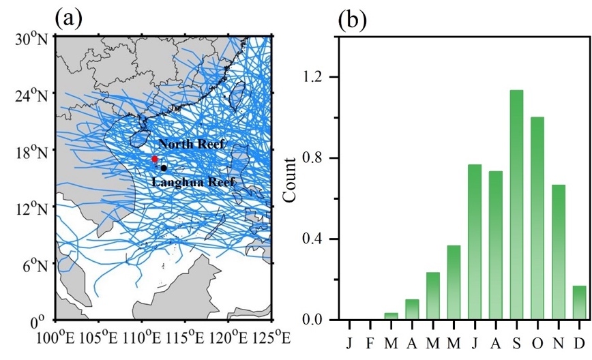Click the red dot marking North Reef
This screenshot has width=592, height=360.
point(155,159)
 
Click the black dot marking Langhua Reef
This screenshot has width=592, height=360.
point(164,168)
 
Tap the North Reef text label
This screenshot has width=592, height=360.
point(191,145)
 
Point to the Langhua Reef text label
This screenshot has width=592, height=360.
point(194,182)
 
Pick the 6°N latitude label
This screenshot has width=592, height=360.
point(34,265)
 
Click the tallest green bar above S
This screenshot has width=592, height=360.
point(517,205)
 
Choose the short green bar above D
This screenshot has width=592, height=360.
point(579,303)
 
